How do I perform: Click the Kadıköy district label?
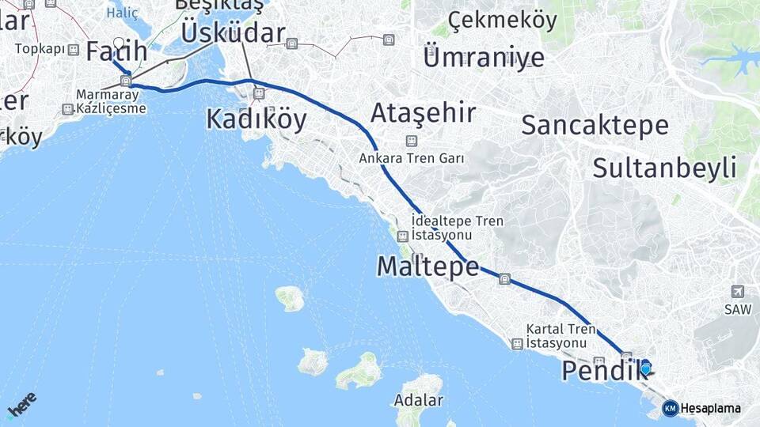[x=256, y=119]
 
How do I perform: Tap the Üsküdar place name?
[x=233, y=33]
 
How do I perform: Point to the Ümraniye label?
[x=484, y=57]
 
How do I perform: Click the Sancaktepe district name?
[x=595, y=125]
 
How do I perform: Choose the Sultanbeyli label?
[x=664, y=168]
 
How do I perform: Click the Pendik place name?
[x=599, y=371]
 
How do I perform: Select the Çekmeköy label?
[x=502, y=21]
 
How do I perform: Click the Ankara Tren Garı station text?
[x=412, y=158]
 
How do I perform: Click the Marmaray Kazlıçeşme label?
[x=111, y=101]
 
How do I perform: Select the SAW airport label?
[x=738, y=310]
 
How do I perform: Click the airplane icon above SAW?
[x=738, y=292]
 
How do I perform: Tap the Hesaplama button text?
[x=710, y=408]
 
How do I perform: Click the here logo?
[x=22, y=405]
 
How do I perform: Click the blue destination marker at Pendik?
[x=646, y=368]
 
